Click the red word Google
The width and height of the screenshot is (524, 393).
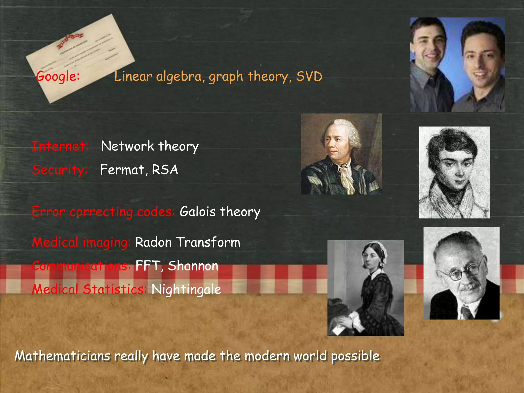(x=58, y=77)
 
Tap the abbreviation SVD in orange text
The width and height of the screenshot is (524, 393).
(x=309, y=77)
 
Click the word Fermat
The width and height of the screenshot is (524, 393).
(x=122, y=170)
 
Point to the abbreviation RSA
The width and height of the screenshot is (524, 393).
(x=165, y=170)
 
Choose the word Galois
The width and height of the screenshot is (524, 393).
(x=198, y=212)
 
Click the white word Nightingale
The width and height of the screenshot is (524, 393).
(x=186, y=289)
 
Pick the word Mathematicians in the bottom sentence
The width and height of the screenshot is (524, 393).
(x=62, y=356)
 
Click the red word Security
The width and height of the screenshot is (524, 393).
(x=60, y=170)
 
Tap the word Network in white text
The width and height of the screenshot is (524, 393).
(x=127, y=146)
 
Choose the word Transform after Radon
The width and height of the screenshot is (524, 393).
(x=209, y=242)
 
